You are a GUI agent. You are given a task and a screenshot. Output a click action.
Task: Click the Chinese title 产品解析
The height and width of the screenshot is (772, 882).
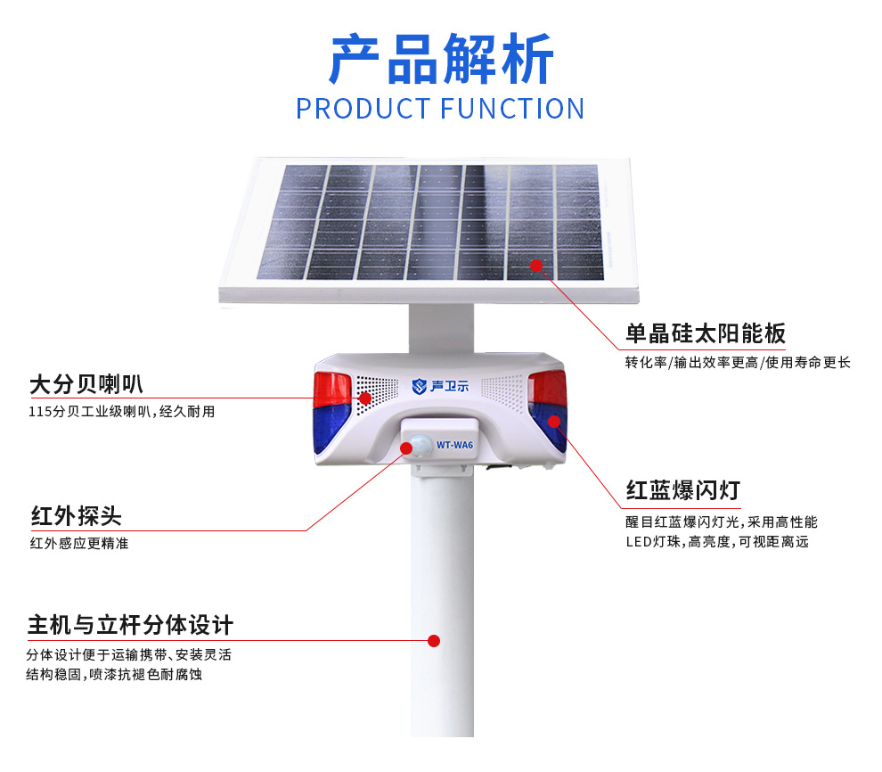(x=441, y=59)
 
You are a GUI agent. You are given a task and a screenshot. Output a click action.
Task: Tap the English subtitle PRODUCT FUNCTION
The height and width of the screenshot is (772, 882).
(x=440, y=109)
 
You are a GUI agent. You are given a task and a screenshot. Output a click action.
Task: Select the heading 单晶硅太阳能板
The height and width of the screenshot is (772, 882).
(x=706, y=333)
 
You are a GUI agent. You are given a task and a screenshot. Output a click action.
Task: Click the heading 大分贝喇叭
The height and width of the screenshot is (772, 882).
(x=86, y=384)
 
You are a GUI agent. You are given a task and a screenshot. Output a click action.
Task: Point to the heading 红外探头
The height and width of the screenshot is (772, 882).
(x=76, y=516)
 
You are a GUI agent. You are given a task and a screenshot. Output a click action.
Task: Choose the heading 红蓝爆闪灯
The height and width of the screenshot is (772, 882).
(x=682, y=490)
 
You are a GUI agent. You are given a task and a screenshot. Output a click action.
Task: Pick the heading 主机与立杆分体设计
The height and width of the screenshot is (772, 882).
(x=130, y=625)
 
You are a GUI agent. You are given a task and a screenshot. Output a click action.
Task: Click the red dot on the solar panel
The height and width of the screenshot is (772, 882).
(x=536, y=265)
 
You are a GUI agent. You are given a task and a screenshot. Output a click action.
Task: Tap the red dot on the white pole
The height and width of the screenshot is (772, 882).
(x=434, y=641)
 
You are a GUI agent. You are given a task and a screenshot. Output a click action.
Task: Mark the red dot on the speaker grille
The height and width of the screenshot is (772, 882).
(x=365, y=398)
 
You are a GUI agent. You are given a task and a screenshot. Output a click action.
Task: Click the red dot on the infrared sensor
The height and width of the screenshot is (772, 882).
(x=406, y=448)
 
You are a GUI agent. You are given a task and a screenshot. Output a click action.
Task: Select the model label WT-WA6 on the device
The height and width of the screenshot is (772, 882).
(x=455, y=445)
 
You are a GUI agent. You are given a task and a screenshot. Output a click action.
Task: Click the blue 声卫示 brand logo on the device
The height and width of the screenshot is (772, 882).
(x=440, y=386)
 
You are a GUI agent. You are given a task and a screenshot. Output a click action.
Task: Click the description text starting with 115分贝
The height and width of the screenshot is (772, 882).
(x=121, y=412)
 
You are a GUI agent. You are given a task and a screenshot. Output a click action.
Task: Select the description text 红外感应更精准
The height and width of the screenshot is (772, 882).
(x=79, y=543)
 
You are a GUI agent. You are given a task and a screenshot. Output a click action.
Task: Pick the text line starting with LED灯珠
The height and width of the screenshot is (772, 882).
(x=717, y=542)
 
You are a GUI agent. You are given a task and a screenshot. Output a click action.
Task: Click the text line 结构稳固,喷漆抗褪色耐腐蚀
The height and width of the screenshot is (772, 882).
(x=114, y=674)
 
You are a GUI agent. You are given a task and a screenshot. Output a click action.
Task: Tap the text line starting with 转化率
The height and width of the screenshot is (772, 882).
(x=738, y=363)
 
